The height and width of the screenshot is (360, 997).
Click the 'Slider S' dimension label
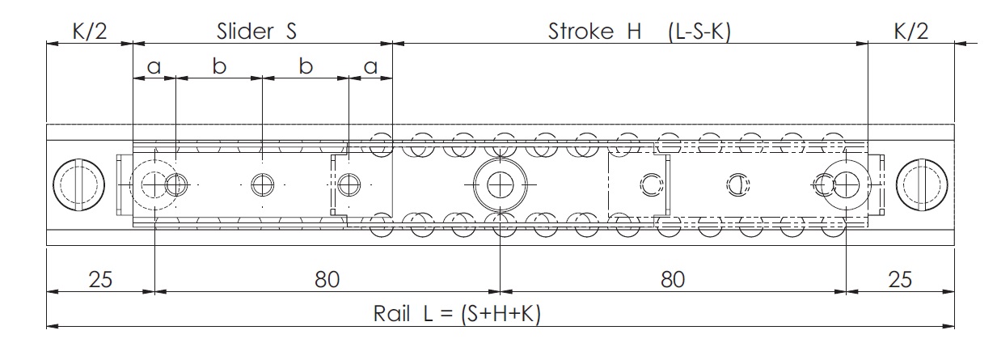click(x=256, y=32)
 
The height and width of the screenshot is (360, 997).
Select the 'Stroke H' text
click(x=594, y=32)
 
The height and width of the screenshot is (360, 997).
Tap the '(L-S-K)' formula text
click(x=699, y=32)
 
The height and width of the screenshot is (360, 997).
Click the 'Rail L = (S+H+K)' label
click(x=457, y=314)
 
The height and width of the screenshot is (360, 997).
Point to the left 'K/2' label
click(x=90, y=32)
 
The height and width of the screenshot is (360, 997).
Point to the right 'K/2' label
click(x=911, y=32)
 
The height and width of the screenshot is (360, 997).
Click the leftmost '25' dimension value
click(x=100, y=280)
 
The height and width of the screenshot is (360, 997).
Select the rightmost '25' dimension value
click(x=900, y=280)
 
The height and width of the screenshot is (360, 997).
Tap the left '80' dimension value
click(x=327, y=280)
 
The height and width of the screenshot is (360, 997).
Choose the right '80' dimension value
click(x=673, y=280)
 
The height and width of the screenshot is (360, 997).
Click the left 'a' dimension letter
click(x=154, y=67)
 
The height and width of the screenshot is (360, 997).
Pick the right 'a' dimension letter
click(x=371, y=67)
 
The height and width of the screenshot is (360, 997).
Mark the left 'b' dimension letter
click(x=219, y=66)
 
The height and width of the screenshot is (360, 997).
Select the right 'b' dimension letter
click(x=306, y=66)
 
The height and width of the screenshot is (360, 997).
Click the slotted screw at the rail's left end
click(x=78, y=185)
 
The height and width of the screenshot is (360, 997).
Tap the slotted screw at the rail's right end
click(x=922, y=185)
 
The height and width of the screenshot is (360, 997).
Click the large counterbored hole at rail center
click(x=501, y=184)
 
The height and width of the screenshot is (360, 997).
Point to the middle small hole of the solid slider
click(x=263, y=184)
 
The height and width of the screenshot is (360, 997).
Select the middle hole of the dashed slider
click(x=738, y=184)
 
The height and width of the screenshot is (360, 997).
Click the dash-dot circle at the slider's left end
click(x=154, y=184)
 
